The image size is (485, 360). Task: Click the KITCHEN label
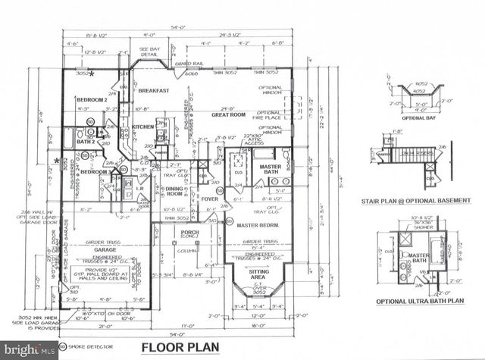pos(143,127)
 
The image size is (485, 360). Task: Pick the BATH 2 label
pos(86,142)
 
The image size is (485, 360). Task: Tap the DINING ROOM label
pos(174,191)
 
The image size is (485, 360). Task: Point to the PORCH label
pos(189,233)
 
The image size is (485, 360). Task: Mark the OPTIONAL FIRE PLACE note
pos(268,115)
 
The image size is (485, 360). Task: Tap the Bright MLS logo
pos(29,350)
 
